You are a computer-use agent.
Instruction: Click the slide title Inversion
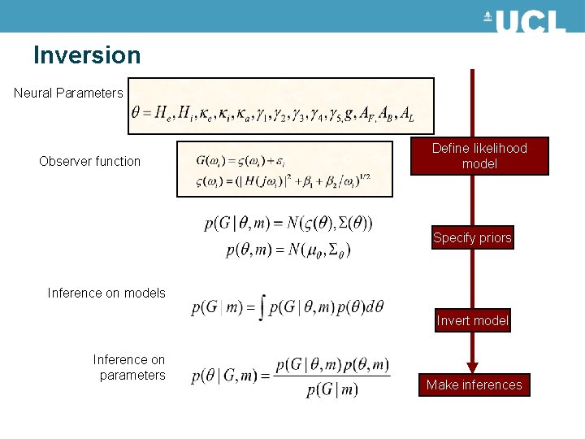click(87, 55)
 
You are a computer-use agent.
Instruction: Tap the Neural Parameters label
click(68, 93)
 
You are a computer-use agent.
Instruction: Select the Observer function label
click(89, 161)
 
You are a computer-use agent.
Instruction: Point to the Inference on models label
click(106, 293)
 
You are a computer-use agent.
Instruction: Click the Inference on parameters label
click(129, 367)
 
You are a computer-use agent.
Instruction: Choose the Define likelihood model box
click(479, 156)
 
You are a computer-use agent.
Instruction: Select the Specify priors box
click(472, 238)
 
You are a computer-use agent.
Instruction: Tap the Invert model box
click(472, 320)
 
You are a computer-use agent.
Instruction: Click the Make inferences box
click(474, 385)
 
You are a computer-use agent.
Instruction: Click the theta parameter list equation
click(272, 115)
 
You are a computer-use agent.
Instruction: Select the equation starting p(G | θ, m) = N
click(288, 223)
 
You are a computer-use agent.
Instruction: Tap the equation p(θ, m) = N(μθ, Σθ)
click(288, 249)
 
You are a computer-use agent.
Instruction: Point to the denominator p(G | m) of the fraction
click(332, 390)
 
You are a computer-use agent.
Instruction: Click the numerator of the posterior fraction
click(332, 364)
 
